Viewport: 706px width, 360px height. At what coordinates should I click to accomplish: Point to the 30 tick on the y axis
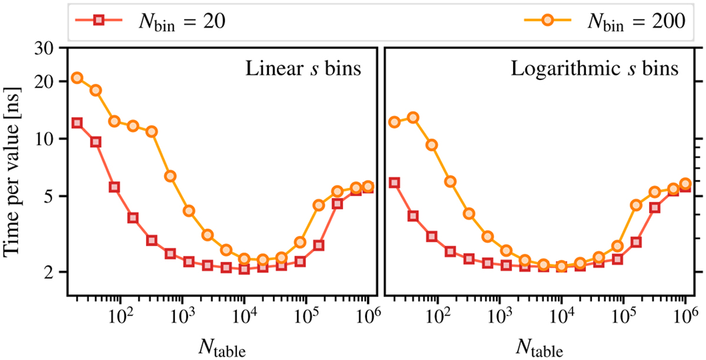(x=48, y=48)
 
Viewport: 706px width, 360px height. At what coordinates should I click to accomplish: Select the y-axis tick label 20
(x=48, y=81)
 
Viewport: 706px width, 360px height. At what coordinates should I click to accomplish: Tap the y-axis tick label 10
(x=48, y=139)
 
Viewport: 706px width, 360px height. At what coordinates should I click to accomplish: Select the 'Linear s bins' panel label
(x=303, y=69)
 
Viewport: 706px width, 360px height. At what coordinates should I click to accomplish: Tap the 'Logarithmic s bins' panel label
(x=595, y=69)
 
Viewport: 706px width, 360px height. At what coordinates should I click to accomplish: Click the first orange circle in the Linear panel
(x=77, y=78)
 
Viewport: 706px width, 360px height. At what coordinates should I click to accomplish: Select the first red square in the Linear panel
(x=77, y=123)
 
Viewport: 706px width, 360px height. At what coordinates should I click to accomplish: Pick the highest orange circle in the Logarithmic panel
(x=414, y=118)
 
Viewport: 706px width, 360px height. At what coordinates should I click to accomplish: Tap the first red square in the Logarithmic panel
(x=395, y=183)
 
